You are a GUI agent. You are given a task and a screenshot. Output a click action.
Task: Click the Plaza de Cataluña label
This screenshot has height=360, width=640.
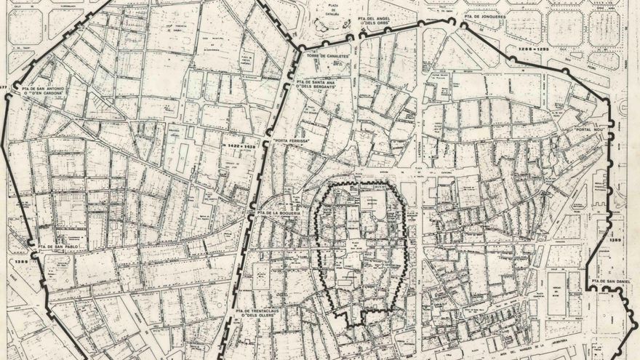pos(332,12)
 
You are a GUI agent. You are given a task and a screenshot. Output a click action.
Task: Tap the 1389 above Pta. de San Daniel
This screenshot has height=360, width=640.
pos(616,240)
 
